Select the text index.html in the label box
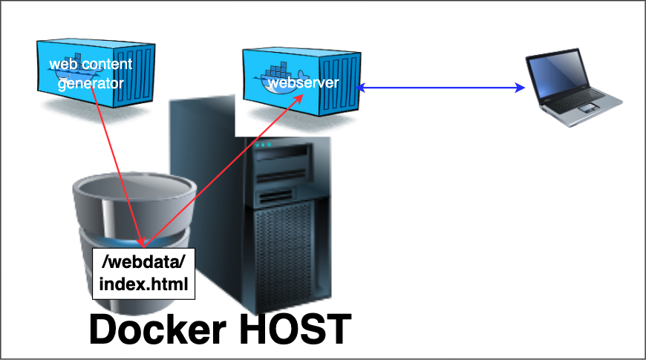143,283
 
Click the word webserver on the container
302,82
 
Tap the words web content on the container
91,65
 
